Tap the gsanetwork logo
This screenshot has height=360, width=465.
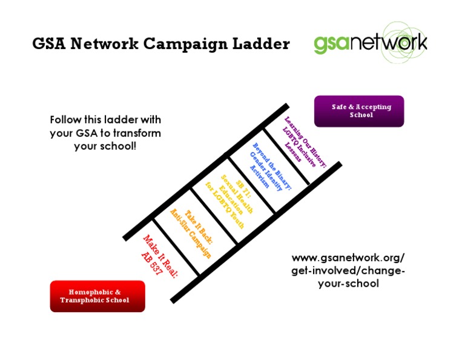(x=371, y=43)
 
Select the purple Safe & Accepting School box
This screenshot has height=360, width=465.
(x=358, y=111)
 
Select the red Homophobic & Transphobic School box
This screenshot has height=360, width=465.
(x=97, y=296)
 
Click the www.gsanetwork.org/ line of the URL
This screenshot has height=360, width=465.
(x=348, y=257)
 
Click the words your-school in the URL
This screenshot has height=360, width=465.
(x=348, y=283)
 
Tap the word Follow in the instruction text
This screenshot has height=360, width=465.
(x=67, y=120)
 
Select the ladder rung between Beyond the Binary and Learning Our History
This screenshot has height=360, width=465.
(x=286, y=156)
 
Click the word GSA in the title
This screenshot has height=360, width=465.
(x=53, y=44)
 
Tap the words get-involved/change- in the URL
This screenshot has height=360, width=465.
(x=348, y=270)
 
